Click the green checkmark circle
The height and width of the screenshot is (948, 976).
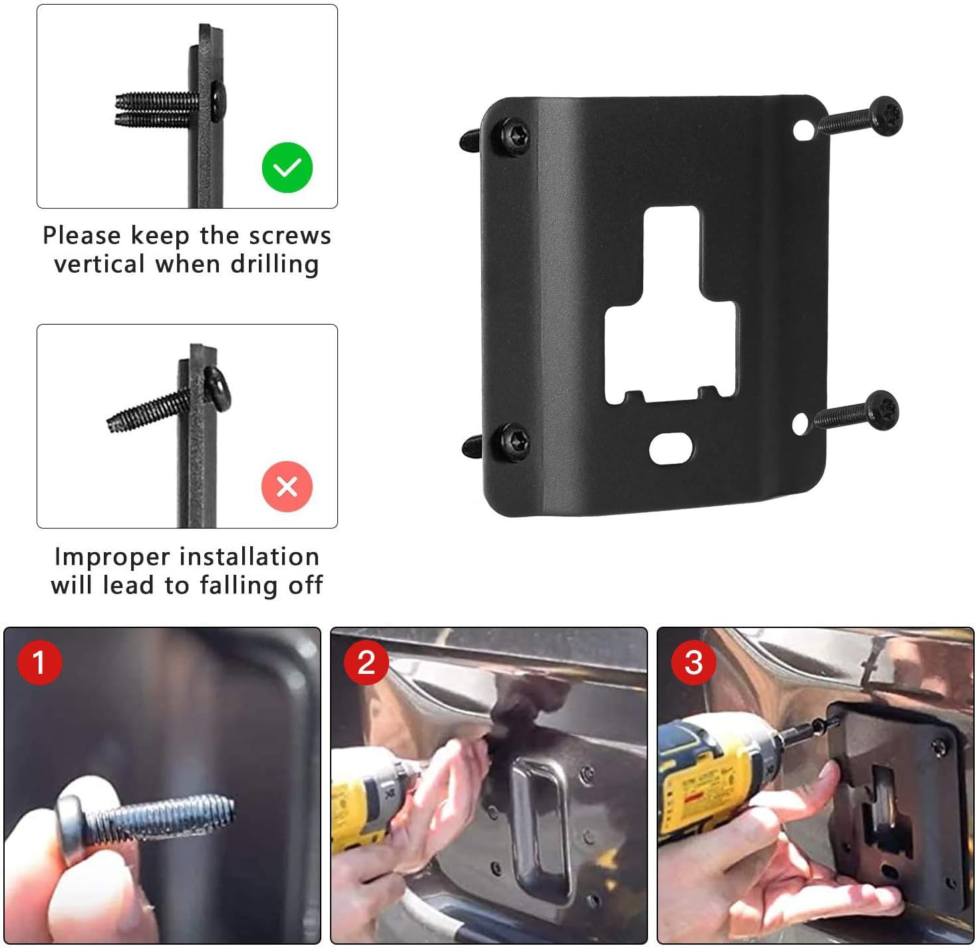click(287, 168)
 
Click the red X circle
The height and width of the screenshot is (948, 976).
click(287, 486)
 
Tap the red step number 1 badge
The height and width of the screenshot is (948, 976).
click(39, 662)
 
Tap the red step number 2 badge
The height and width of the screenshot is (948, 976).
click(366, 662)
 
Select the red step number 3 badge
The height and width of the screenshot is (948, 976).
click(693, 662)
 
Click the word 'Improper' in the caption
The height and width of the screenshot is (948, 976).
click(112, 556)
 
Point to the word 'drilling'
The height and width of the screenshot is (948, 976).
click(274, 264)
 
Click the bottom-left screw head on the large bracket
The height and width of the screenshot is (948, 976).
click(514, 439)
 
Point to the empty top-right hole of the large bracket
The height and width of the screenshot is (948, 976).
click(802, 130)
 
